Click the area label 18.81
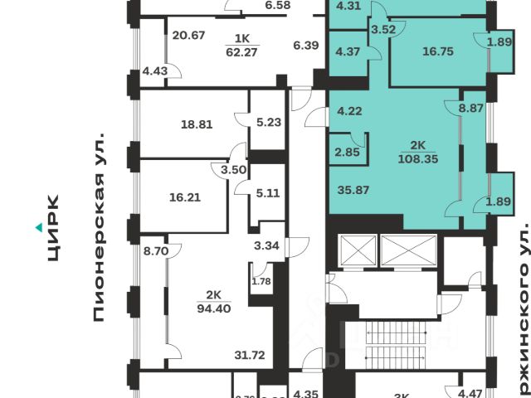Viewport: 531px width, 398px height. (197, 125)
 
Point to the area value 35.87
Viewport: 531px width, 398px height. (353, 189)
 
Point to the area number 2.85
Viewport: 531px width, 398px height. (347, 151)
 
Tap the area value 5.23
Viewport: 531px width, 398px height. (269, 122)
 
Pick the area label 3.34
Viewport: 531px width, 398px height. (265, 245)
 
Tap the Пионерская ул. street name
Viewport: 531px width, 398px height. (101, 224)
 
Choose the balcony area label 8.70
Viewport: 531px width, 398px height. (156, 249)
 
